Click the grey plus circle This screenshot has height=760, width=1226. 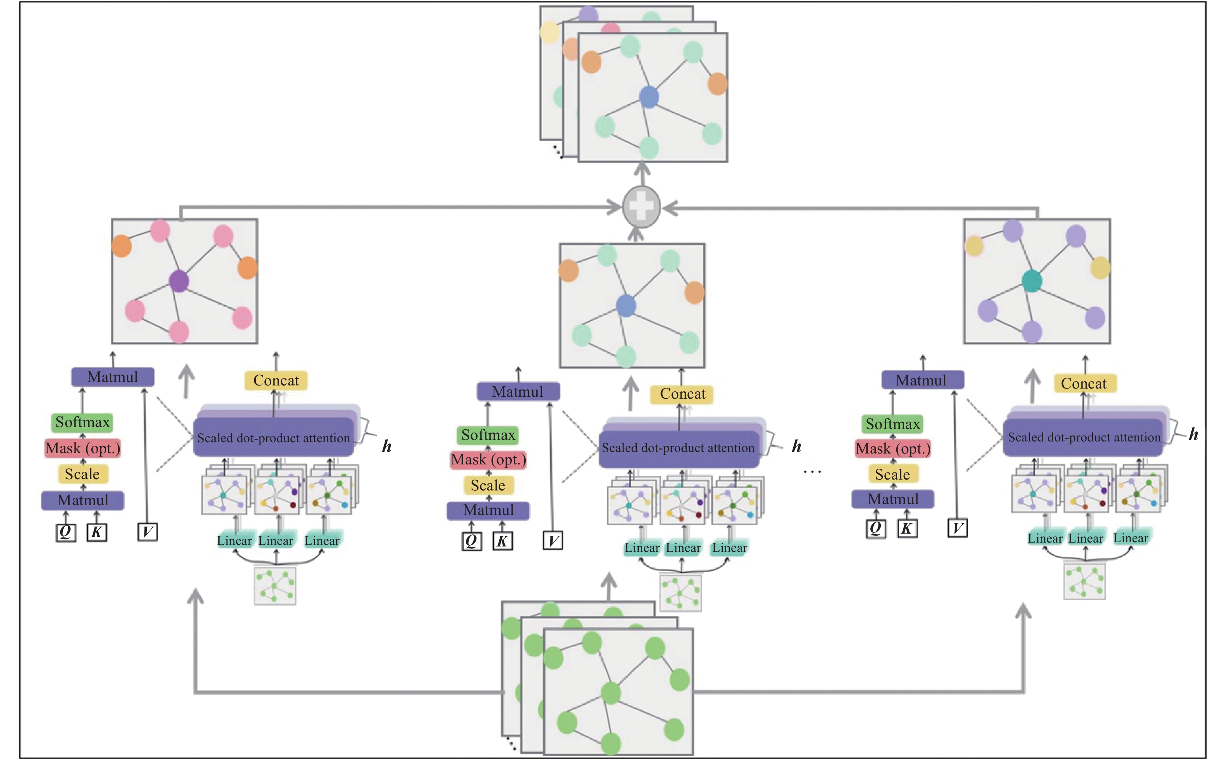641,207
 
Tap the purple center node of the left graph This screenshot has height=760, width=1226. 179,281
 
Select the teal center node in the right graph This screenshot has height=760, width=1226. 1031,281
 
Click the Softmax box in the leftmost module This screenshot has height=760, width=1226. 82,422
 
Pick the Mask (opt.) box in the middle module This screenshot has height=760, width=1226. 488,460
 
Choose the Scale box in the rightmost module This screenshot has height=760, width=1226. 892,474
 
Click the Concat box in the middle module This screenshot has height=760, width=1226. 682,394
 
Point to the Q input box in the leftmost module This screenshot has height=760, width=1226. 65,532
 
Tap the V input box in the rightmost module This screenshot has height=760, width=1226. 957,528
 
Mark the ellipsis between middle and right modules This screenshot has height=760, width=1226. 812,472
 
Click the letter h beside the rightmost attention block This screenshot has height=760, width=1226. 1193,434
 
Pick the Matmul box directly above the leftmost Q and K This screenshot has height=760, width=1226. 83,501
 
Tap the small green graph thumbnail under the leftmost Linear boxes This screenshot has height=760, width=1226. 275,586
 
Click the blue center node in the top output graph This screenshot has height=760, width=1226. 649,97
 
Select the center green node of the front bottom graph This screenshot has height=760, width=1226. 611,693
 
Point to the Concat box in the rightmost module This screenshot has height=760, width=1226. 1084,384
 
